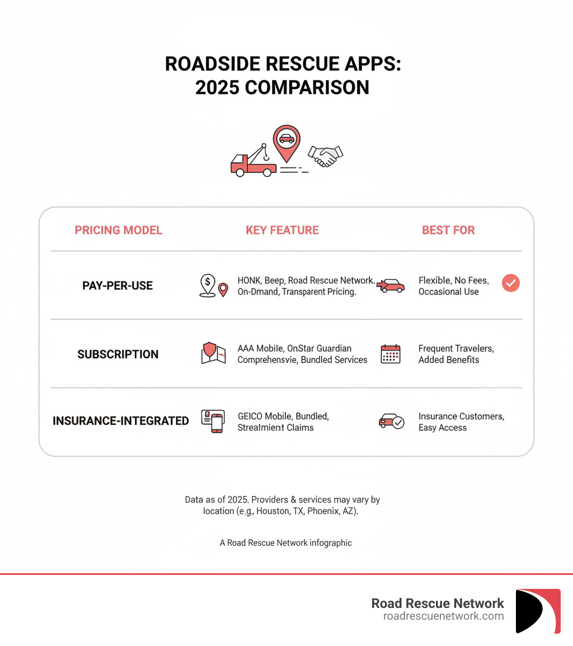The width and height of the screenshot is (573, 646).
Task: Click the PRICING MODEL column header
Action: coord(118,230)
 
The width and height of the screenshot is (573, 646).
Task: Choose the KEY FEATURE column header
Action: coord(282,230)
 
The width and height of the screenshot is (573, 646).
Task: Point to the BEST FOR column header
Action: coord(448,230)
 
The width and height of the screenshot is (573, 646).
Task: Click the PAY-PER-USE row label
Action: coord(118,285)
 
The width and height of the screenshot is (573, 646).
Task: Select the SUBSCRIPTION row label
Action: coord(118,354)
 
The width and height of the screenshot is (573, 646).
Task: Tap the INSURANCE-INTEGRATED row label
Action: coord(121,421)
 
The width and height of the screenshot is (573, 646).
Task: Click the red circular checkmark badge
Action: coord(510,283)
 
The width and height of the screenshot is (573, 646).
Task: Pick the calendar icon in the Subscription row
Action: coord(391,354)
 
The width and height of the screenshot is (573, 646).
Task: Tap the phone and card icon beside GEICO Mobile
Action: coord(213,422)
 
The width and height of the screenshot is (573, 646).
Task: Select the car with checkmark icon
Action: coord(391,422)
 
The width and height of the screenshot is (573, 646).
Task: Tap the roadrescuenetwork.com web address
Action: coord(443,616)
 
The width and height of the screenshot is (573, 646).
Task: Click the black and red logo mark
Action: coord(538,611)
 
